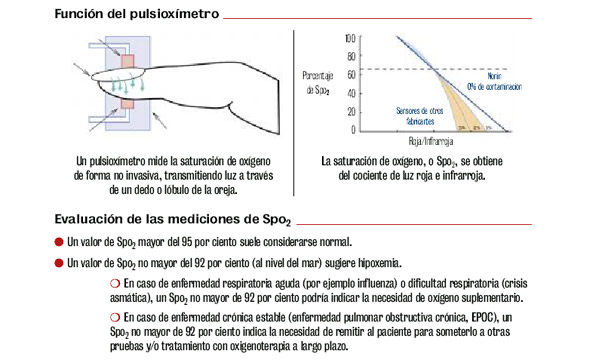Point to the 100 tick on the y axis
tap(349, 37)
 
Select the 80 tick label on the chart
tap(351, 56)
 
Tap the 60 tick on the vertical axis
tap(351, 74)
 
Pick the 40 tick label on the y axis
tap(351, 93)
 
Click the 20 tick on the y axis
tap(351, 111)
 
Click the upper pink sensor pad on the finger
tap(127, 62)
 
